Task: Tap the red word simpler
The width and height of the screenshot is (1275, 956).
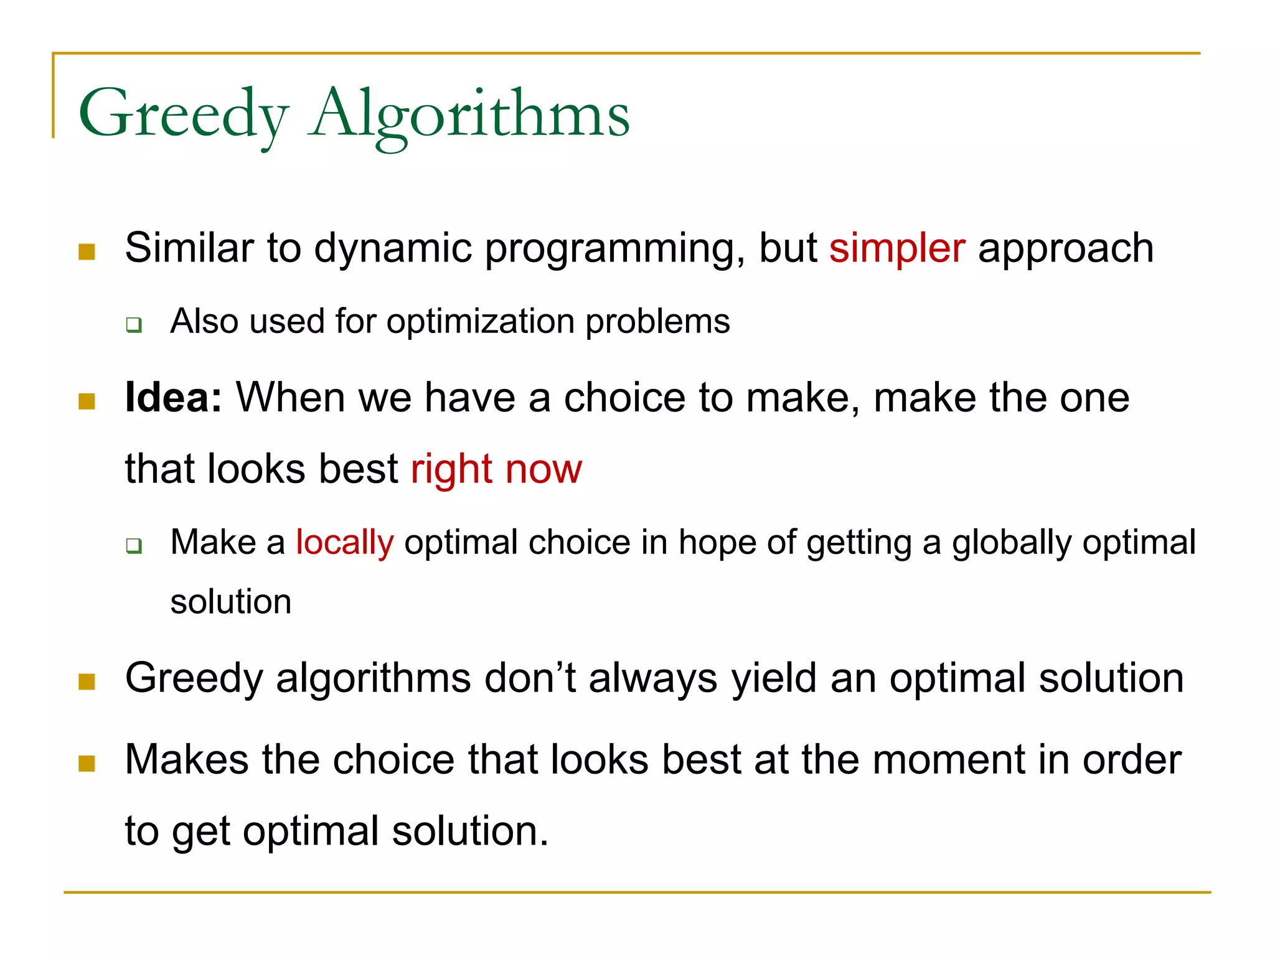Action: point(897,248)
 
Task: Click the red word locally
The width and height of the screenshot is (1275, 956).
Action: point(344,542)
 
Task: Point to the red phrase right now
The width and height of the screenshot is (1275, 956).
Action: point(496,469)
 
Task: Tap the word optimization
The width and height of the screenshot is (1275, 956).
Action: point(480,322)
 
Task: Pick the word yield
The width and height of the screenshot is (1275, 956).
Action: point(773,678)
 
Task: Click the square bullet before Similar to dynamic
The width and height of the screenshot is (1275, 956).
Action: point(87,251)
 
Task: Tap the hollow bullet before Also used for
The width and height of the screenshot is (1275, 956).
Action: point(134,325)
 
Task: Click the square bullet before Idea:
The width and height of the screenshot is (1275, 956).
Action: point(87,401)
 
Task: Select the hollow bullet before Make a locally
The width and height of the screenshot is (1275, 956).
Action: point(134,546)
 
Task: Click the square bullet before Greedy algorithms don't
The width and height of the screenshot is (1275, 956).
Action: point(87,682)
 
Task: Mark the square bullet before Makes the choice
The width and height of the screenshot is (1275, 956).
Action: point(87,764)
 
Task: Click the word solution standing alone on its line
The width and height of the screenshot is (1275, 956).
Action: point(231,602)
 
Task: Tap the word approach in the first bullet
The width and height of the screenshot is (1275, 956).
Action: point(1066,248)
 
